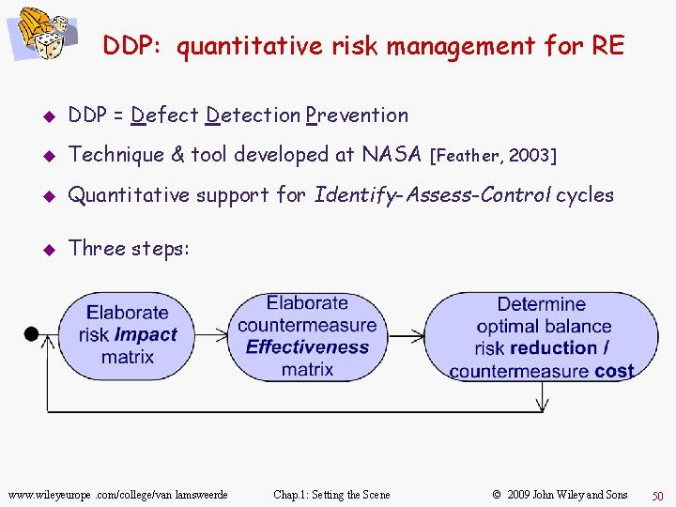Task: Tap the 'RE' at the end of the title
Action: pos(607,45)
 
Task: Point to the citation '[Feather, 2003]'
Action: pos(492,156)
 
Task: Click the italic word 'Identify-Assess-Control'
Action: pos(433,195)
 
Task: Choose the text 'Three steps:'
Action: pos(130,248)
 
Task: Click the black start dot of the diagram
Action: pos(31,333)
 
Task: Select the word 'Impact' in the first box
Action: pos(146,335)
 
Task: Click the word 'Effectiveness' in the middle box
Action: pos(307,347)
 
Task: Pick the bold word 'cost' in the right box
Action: pos(614,371)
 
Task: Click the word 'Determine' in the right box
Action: pos(541,304)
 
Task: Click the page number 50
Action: pos(657,495)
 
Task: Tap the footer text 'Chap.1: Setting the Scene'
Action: pos(331,495)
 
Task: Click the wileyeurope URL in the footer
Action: pos(117,495)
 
